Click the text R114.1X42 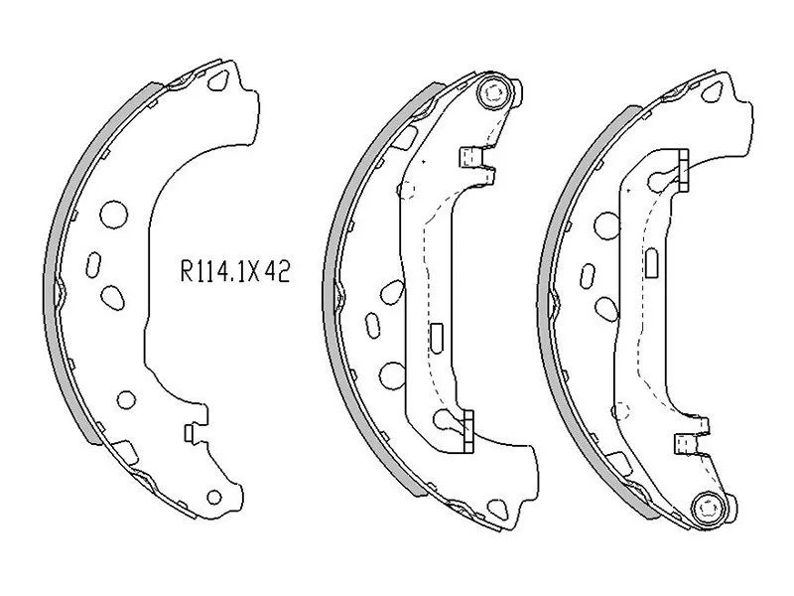pos(234,273)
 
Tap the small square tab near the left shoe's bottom pos(191,432)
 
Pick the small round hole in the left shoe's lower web pos(126,399)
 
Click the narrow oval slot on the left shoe pos(94,266)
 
